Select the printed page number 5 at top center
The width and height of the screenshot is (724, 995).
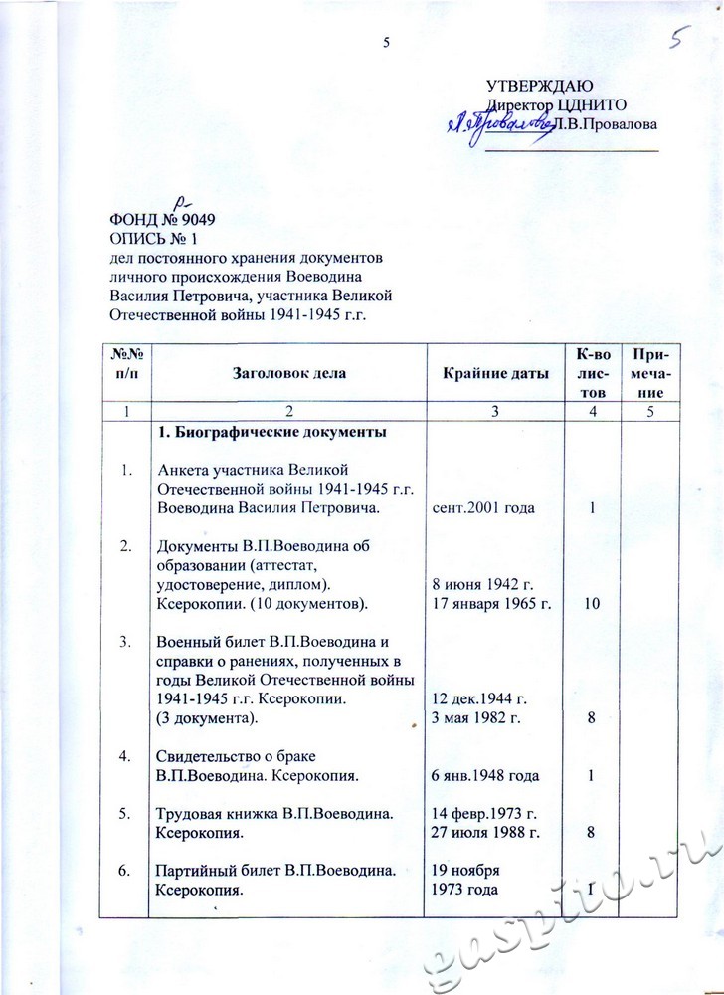[386, 42]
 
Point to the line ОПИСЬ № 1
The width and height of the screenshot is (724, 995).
[156, 239]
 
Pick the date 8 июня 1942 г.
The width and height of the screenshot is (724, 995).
[477, 585]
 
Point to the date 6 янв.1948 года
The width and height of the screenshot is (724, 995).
[485, 773]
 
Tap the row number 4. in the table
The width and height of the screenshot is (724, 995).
[125, 755]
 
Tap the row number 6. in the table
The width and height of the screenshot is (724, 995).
[125, 872]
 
